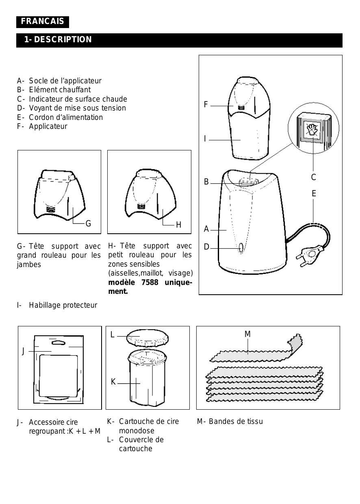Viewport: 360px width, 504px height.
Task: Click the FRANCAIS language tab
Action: pyautogui.click(x=43, y=22)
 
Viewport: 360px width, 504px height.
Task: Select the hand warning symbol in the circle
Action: pyautogui.click(x=312, y=130)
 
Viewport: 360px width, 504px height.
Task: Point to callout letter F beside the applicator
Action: pyautogui.click(x=206, y=105)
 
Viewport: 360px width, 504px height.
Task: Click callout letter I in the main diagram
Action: pyautogui.click(x=205, y=139)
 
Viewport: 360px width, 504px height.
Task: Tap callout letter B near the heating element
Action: pyautogui.click(x=206, y=182)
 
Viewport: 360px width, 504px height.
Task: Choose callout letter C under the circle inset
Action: pyautogui.click(x=313, y=177)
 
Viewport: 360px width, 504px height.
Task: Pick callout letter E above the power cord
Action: pyautogui.click(x=314, y=194)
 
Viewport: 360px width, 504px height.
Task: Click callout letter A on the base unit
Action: pyautogui.click(x=206, y=230)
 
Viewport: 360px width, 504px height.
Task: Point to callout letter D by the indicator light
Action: pyautogui.click(x=206, y=247)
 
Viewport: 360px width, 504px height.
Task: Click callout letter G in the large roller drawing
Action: pyautogui.click(x=88, y=224)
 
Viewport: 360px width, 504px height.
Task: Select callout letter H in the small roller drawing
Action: pyautogui.click(x=178, y=225)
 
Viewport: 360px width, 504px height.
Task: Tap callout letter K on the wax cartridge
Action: pyautogui.click(x=113, y=382)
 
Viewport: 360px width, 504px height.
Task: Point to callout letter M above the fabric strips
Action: pyautogui.click(x=247, y=334)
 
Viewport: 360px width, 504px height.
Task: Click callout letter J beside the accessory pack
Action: pyautogui.click(x=24, y=352)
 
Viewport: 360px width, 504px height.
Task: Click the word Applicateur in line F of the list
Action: pyautogui.click(x=48, y=126)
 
